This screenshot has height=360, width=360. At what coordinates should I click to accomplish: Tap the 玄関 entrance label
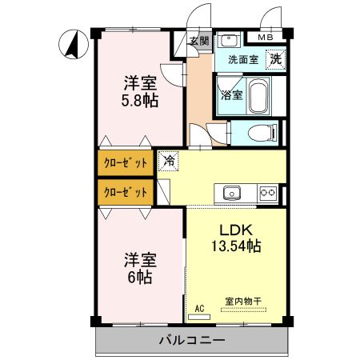pos(199,42)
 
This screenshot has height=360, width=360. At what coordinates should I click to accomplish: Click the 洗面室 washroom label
pos(242,59)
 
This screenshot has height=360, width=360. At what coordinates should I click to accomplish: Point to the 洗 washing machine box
pos(274,58)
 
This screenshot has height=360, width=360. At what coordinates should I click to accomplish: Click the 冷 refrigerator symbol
pos(168,160)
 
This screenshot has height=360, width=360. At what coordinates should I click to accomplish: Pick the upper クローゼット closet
pos(126,162)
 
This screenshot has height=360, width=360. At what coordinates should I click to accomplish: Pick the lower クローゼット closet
pos(126,192)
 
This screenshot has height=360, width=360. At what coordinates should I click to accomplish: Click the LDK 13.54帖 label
pos(236,238)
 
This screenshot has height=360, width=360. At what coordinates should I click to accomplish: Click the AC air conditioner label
pos(199,307)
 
